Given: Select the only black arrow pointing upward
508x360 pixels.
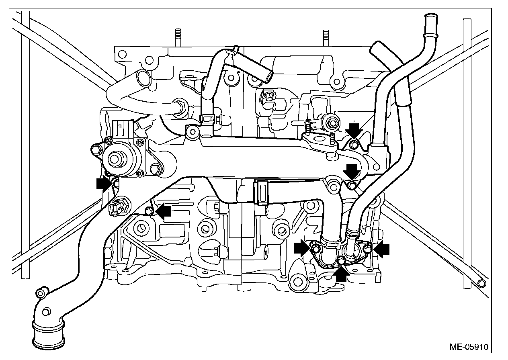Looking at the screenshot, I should coord(341,275).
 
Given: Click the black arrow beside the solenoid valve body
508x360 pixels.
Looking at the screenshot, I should coord(104,184).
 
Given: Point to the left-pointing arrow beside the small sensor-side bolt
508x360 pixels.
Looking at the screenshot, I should coord(164,211).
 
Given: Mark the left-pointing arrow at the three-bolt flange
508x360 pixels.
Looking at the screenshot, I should coord(381,249).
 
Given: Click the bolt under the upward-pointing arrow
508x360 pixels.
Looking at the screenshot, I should coord(341,262).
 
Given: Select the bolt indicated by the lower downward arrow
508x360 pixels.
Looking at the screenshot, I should coord(352,185).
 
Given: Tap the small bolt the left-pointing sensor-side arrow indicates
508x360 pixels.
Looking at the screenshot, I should coord(149,211).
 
